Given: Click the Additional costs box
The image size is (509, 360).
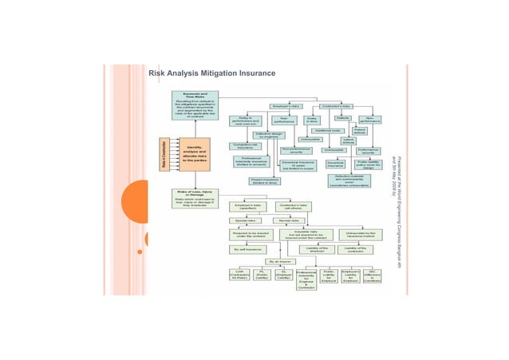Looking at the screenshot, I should [328, 130].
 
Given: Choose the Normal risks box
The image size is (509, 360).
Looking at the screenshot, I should [288, 220].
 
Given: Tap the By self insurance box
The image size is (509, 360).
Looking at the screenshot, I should [247, 248].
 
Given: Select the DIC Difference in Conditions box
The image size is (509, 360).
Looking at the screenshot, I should [372, 276].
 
